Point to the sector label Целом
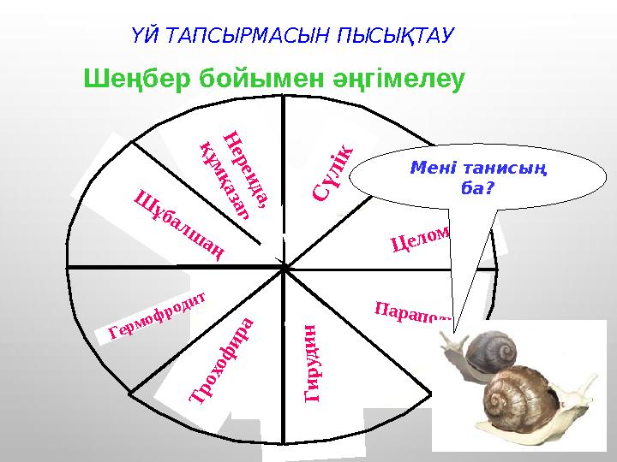[421, 237]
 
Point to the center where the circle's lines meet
[283, 267]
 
